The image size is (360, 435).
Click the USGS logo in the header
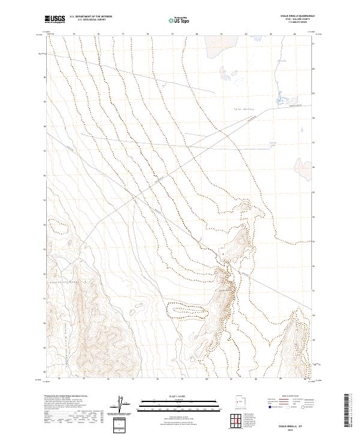(56, 19)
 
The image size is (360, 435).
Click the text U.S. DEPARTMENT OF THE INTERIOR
(91, 17)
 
